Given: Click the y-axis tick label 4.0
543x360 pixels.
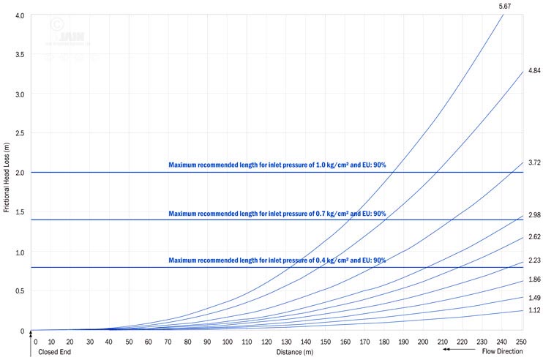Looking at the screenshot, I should coord(20,15).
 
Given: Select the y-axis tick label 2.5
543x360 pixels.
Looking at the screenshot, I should coord(20,134).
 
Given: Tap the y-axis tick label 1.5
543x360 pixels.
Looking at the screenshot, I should coord(20,213).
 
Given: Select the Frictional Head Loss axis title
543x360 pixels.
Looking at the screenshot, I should coord(6,173).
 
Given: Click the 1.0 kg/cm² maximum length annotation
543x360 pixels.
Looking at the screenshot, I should coord(277,165).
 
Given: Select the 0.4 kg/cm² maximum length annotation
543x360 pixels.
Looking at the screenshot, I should coord(277,260).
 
